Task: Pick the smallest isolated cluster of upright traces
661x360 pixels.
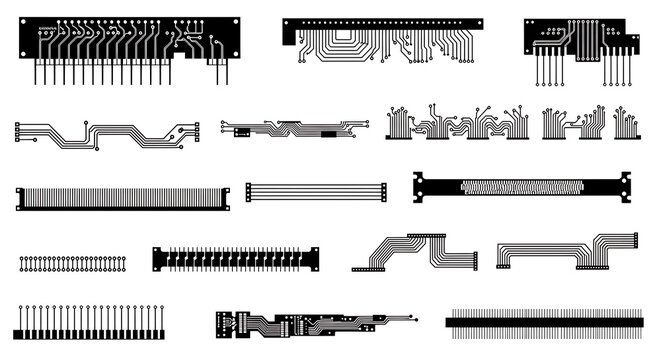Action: tap(626, 124)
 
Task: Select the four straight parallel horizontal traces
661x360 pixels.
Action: tap(316, 193)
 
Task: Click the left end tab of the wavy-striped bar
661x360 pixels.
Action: tap(421, 187)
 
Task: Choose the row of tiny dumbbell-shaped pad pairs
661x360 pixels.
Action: tap(74, 264)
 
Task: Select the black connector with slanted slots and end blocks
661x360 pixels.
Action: tap(238, 259)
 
